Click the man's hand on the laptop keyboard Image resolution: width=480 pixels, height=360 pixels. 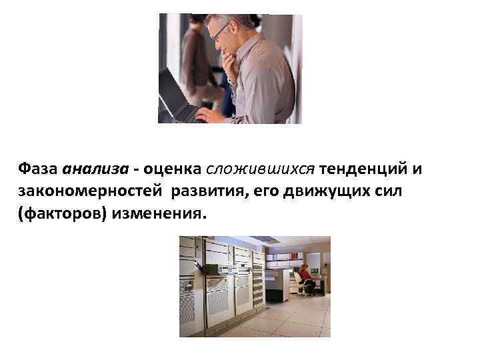pos(209,114)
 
